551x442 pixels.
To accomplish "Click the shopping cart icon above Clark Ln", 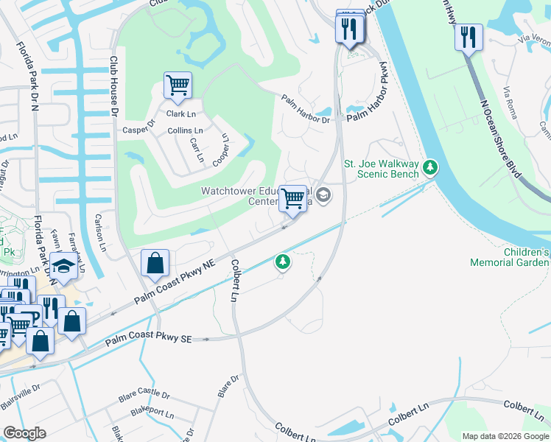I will pyautogui.click(x=178, y=85).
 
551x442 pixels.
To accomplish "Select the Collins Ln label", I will pyautogui.click(x=185, y=130).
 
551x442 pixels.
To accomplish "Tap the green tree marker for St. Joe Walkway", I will pyautogui.click(x=430, y=169).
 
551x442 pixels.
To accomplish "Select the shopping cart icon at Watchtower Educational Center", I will pyautogui.click(x=293, y=198).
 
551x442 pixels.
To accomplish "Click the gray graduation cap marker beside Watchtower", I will pyautogui.click(x=324, y=195).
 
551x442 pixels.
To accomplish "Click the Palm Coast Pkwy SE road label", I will pyautogui.click(x=148, y=339).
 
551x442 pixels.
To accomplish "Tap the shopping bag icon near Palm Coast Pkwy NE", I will pyautogui.click(x=155, y=263).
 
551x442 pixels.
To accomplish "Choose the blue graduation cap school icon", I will pyautogui.click(x=64, y=266).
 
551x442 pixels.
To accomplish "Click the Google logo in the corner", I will pyautogui.click(x=24, y=433).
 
